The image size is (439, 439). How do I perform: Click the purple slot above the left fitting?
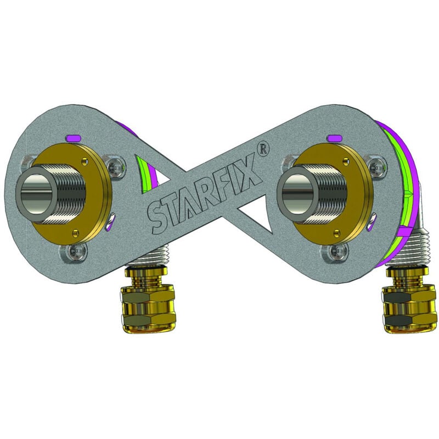pos(74,138)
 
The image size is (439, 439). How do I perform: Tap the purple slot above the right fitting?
pos(335,138)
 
